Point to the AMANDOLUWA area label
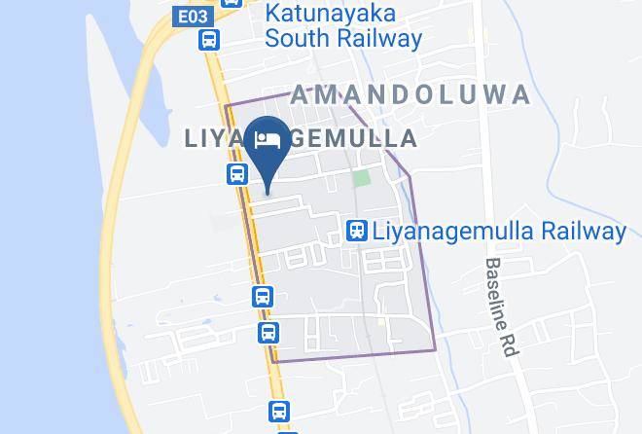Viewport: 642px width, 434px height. point(410,94)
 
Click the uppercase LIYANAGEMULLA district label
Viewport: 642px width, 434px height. point(302,139)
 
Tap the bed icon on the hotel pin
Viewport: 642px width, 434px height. point(267,139)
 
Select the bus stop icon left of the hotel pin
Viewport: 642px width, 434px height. point(236,173)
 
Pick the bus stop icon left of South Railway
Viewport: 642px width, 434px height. point(209,40)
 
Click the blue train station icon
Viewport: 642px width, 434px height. point(357,231)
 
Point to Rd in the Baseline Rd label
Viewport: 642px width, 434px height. point(509,344)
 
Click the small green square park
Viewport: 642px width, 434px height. point(362,178)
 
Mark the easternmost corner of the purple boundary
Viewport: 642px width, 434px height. point(410,177)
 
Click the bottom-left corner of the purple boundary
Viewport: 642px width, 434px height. point(274,362)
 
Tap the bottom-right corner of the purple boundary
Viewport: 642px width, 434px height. point(435,350)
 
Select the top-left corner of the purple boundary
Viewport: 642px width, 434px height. point(226,104)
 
